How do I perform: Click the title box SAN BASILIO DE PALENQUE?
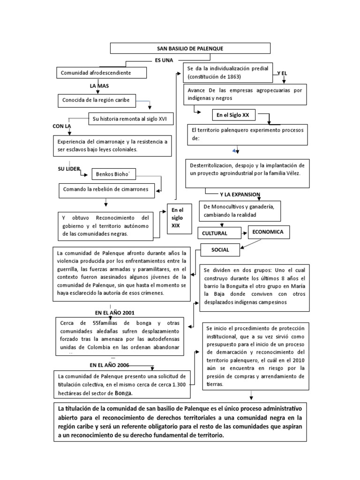190,49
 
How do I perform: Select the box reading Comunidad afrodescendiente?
101,73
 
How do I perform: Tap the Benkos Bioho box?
109,173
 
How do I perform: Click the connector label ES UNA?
164,60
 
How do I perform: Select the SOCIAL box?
220,250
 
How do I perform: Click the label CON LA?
61,127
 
